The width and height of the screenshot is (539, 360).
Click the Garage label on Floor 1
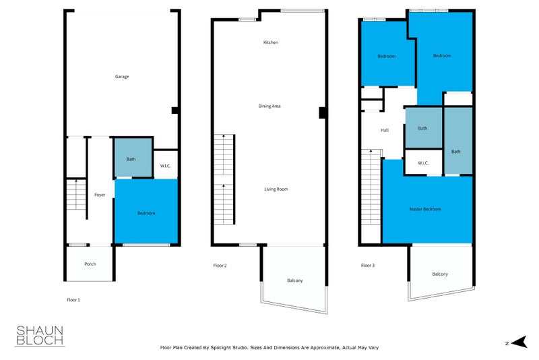(122, 77)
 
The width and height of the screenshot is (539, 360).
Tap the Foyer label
(100, 195)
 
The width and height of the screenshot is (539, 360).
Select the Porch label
(90, 264)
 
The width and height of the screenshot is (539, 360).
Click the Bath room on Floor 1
(133, 158)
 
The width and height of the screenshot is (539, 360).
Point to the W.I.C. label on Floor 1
(165, 166)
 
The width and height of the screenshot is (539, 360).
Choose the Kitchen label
(271, 42)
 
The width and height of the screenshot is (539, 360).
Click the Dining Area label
(269, 107)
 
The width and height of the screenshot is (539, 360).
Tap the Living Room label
(276, 189)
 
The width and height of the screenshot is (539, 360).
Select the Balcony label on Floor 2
(295, 280)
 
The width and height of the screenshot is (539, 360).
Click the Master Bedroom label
(425, 209)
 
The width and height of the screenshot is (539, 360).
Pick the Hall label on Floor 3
(385, 130)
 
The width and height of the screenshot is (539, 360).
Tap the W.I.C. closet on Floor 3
(424, 162)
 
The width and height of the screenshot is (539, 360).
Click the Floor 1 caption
(73, 300)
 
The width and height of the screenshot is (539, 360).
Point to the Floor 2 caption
(220, 266)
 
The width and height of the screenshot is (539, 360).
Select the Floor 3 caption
(368, 266)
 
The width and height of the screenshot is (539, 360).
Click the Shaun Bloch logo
(40, 336)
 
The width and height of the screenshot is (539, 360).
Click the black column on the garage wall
(175, 111)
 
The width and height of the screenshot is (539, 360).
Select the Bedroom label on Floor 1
(146, 213)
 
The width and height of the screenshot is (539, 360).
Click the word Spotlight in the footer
(222, 348)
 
